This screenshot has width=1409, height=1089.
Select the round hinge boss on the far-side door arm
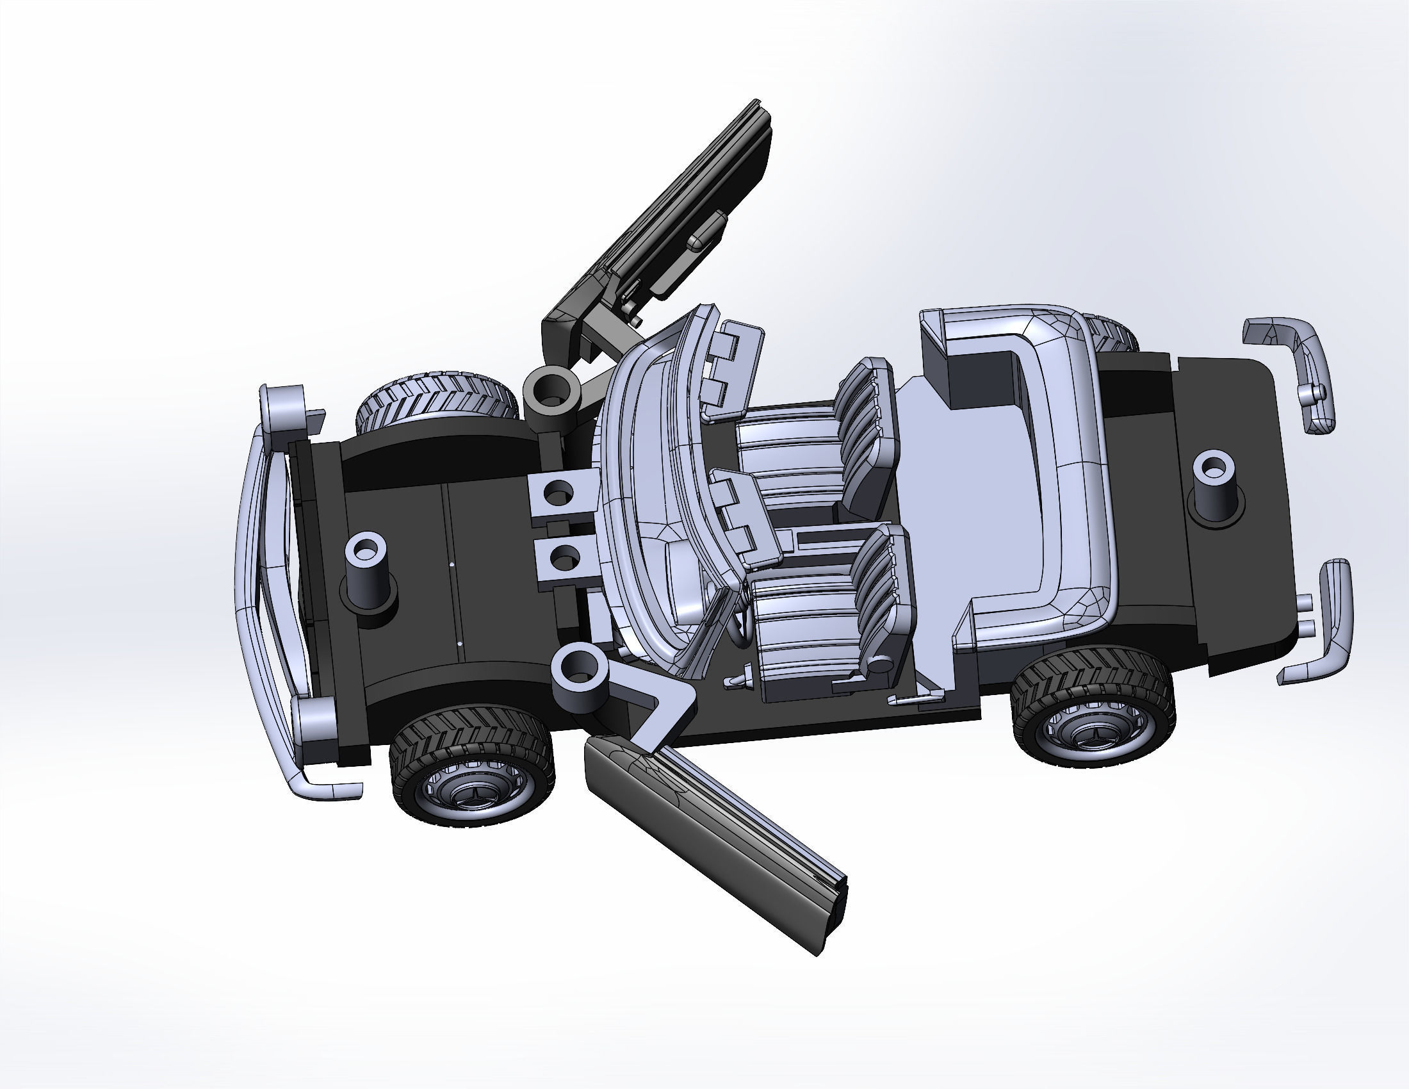(x=550, y=391)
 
